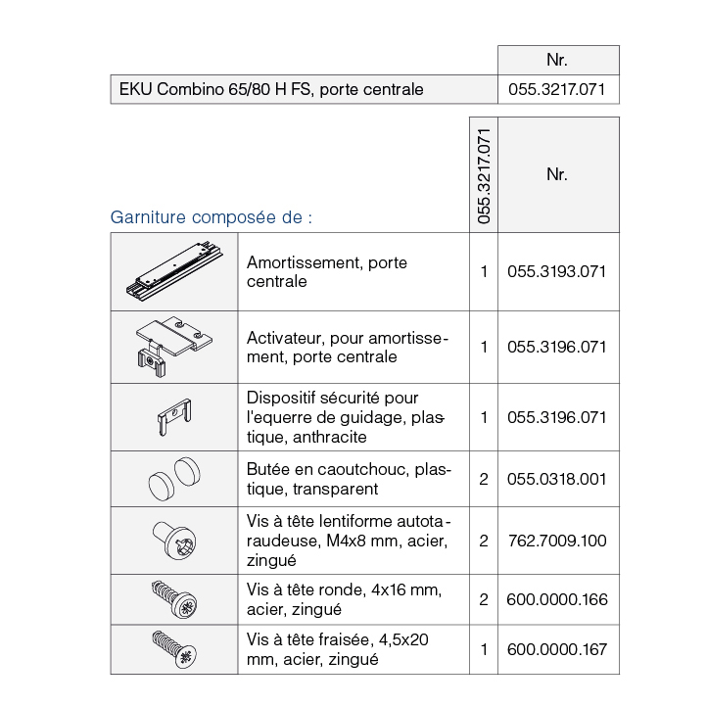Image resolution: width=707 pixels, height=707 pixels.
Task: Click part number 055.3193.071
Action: click(x=557, y=271)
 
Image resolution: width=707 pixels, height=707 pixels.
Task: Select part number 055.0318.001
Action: click(x=557, y=479)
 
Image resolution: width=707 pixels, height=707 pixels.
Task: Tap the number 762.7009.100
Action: click(x=557, y=540)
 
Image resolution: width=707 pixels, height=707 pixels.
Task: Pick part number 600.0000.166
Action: click(x=557, y=599)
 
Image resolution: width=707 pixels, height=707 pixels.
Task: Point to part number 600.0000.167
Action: click(x=557, y=649)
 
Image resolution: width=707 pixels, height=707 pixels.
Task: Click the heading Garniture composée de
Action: click(x=211, y=216)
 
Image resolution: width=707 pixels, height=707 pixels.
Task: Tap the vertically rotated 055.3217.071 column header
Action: click(x=484, y=175)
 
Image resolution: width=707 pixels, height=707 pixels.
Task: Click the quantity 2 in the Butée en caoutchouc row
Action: click(x=484, y=479)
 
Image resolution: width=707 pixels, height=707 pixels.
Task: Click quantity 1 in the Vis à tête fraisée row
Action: click(x=484, y=649)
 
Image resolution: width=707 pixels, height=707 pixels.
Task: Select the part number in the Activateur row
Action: click(x=557, y=347)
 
